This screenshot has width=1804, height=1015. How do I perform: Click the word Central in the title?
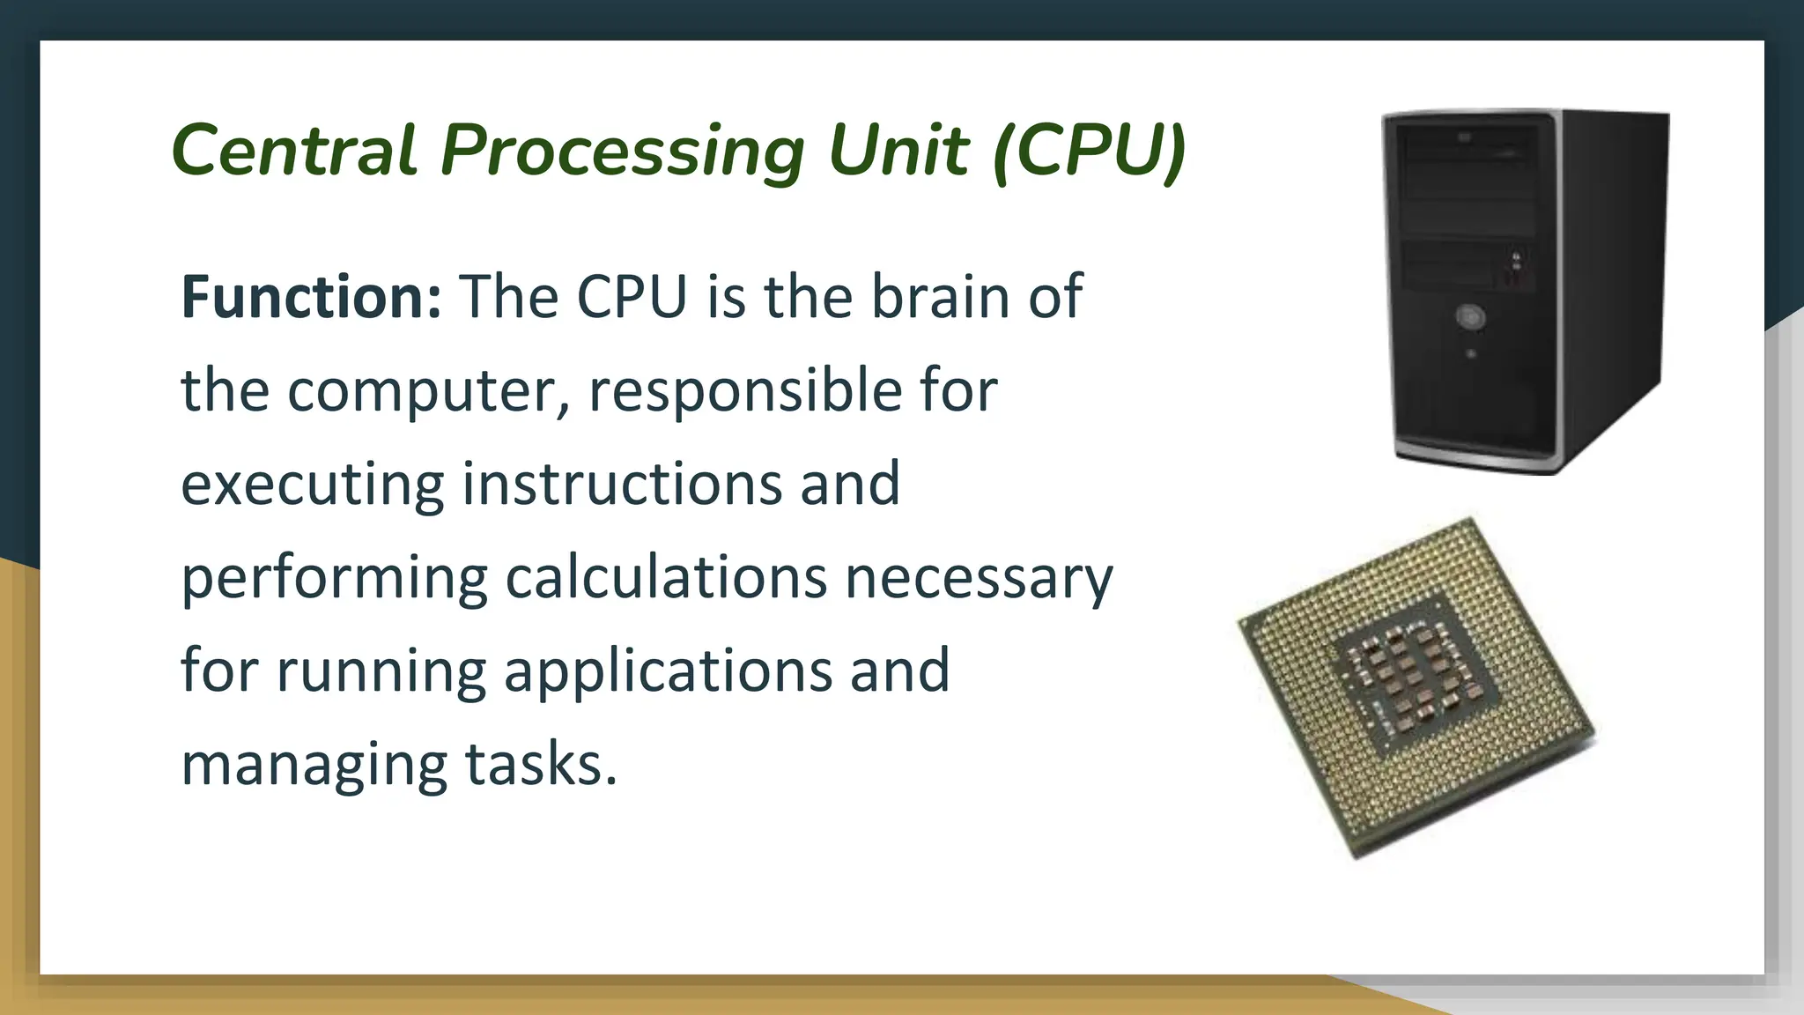coord(293,150)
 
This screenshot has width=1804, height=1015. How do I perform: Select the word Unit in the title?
coord(898,150)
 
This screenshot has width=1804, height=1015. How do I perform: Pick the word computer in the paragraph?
coord(428,391)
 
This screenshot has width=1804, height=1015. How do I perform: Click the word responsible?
coord(745,389)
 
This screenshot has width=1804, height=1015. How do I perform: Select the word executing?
coord(312,485)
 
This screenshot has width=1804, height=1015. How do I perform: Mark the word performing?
coord(334,578)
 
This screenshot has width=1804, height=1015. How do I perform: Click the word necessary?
coord(979,578)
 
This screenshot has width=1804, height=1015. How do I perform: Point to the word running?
coord(381,671)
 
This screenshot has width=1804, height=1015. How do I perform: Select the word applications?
coord(668,671)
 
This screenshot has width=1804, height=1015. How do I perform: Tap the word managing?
coord(314,765)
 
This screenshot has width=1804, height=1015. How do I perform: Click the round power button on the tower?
coord(1470,316)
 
